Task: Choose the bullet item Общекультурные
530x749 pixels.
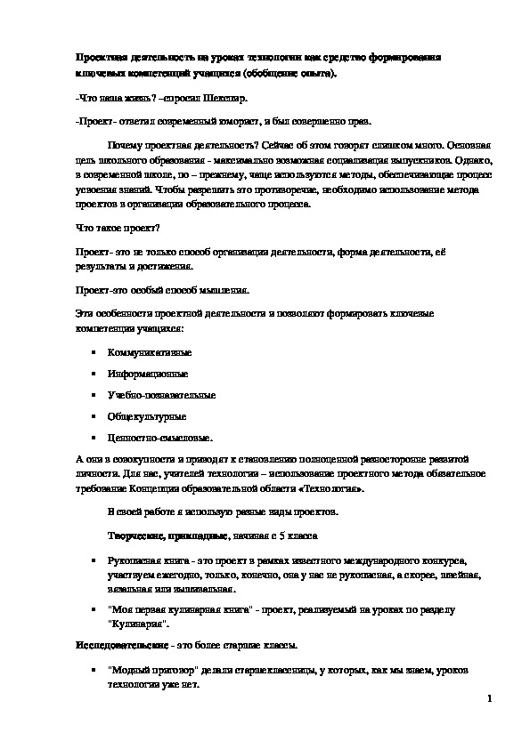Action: tap(141, 416)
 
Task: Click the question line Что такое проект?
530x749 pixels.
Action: tap(108, 229)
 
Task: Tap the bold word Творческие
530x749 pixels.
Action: tap(136, 537)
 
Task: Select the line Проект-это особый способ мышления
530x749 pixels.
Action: tap(159, 290)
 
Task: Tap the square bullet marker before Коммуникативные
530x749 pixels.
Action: tap(92, 353)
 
